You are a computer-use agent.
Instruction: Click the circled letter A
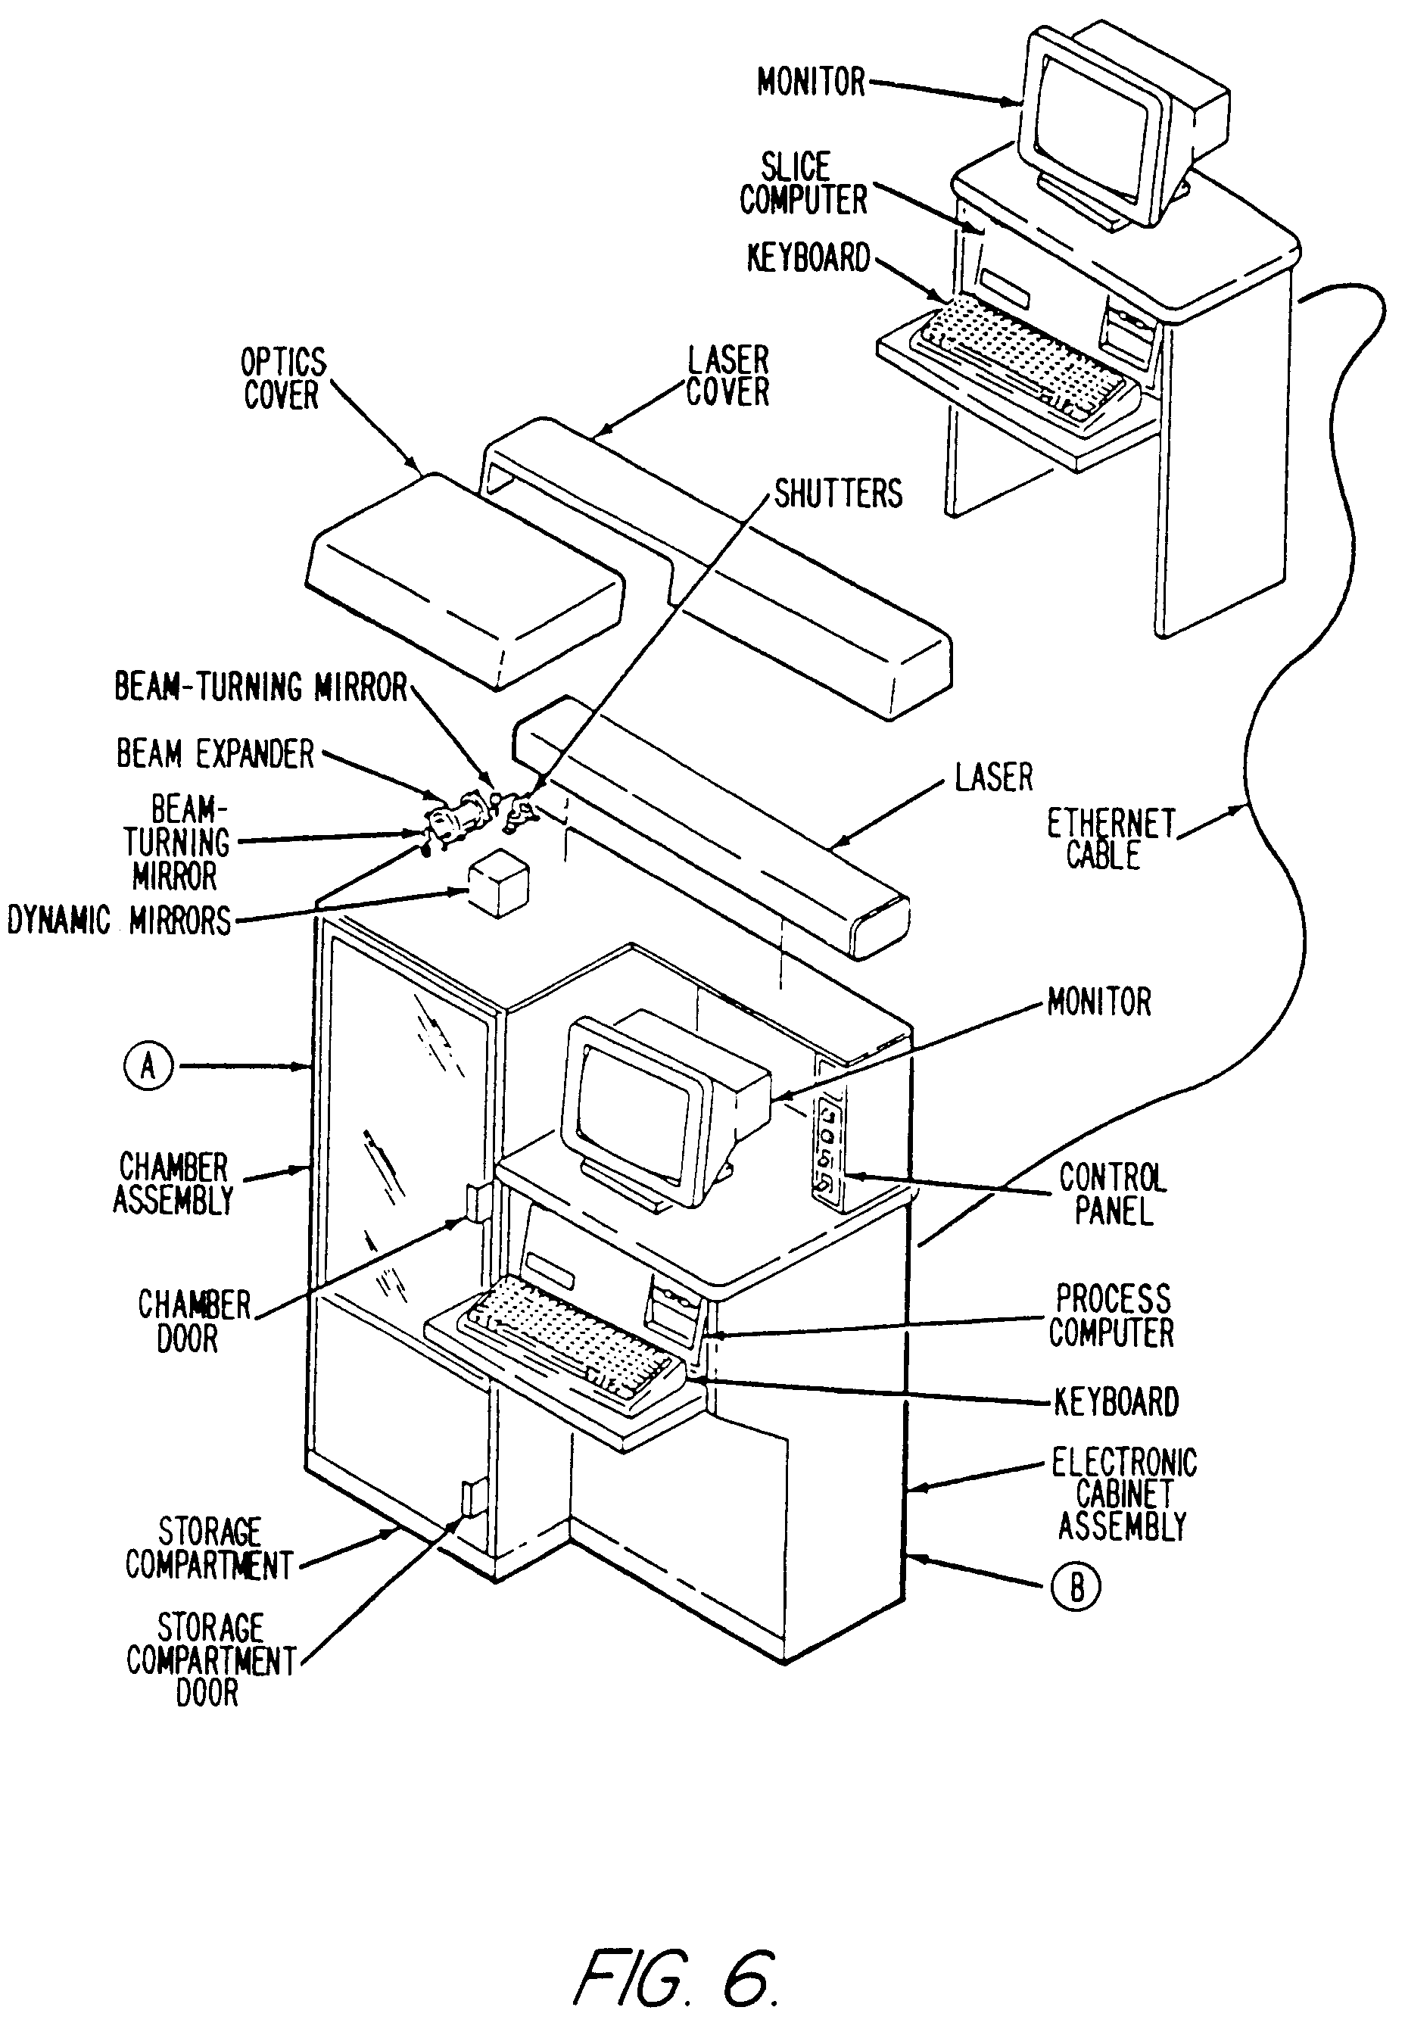pyautogui.click(x=148, y=1067)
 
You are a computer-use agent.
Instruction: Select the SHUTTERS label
pyautogui.click(x=838, y=494)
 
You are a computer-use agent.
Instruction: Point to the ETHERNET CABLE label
pyautogui.click(x=1111, y=840)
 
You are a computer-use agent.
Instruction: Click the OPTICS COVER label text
pyautogui.click(x=282, y=379)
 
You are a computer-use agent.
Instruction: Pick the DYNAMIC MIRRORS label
pyautogui.click(x=120, y=921)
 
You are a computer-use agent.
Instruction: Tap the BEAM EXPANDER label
pyautogui.click(x=215, y=754)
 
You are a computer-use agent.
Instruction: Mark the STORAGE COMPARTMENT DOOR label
pyautogui.click(x=210, y=1660)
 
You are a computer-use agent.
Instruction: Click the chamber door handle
pyautogui.click(x=476, y=1202)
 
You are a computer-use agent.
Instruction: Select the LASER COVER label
pyautogui.click(x=727, y=377)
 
